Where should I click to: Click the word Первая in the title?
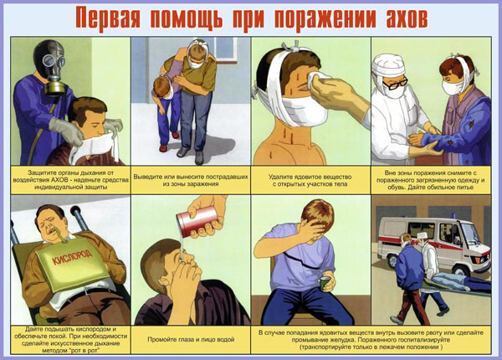[x=108, y=19]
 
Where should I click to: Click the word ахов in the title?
[x=407, y=19]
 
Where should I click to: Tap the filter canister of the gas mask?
[x=54, y=88]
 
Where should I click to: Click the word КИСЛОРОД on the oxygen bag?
[x=72, y=258]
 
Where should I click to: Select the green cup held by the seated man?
[x=325, y=284]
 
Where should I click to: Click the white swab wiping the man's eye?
[x=320, y=79]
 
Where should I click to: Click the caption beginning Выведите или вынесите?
[x=191, y=180]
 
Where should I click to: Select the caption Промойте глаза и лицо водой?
[x=191, y=339]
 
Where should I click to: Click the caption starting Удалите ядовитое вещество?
[x=310, y=180]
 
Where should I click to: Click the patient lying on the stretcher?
[x=458, y=281]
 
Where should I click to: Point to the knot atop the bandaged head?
[x=295, y=47]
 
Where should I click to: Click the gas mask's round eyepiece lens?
[x=49, y=60]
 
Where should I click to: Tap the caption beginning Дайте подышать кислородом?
[x=71, y=340]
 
